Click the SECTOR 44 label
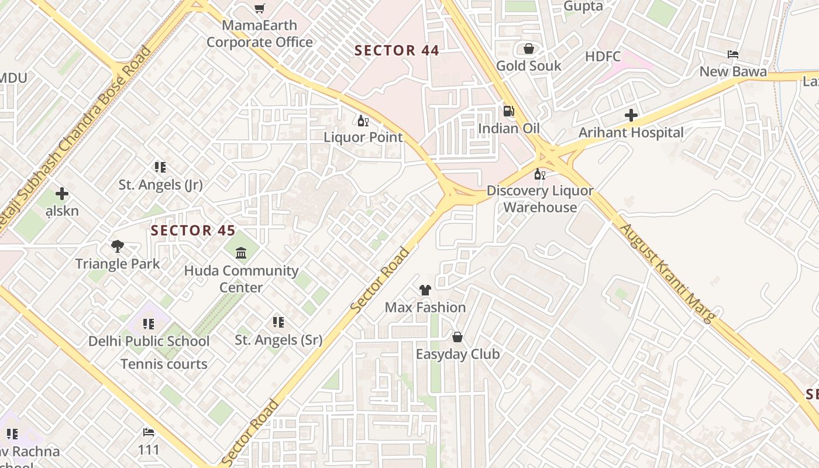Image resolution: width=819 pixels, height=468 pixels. click(397, 51)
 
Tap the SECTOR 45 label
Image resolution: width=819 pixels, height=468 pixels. click(193, 230)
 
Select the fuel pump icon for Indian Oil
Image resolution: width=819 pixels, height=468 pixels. click(509, 111)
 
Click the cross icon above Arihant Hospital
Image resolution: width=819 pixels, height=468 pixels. click(631, 115)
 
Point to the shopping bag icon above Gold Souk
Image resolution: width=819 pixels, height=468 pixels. click(529, 49)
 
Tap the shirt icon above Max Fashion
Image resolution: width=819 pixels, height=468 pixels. click(425, 290)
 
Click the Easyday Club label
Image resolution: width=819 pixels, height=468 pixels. click(457, 354)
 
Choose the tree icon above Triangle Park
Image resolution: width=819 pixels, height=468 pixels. click(118, 246)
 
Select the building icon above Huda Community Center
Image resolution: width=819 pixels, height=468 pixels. click(241, 253)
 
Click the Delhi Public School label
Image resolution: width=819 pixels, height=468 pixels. click(149, 341)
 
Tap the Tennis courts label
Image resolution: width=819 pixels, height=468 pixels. click(164, 364)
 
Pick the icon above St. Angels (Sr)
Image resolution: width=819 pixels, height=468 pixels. click(278, 322)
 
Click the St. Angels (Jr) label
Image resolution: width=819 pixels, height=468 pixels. click(160, 185)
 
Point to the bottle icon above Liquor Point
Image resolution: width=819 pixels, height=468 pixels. click(363, 121)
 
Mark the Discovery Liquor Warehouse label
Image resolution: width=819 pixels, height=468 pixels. click(540, 199)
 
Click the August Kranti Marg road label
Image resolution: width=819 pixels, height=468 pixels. click(668, 273)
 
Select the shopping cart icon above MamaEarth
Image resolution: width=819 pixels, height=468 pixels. click(259, 8)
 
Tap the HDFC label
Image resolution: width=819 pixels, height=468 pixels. click(603, 57)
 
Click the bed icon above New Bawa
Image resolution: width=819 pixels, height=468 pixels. click(733, 54)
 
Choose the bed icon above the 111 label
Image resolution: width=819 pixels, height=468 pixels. click(149, 432)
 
